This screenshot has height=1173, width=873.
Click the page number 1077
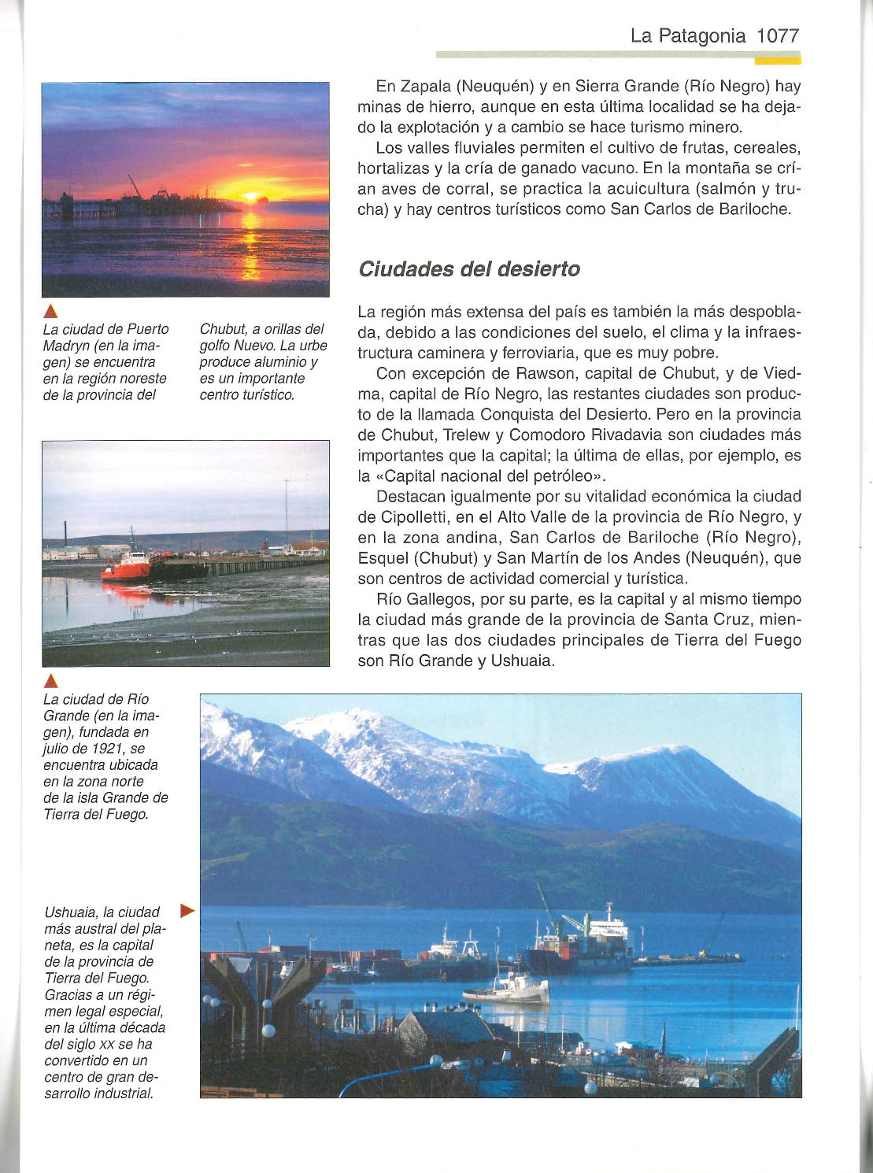(x=778, y=35)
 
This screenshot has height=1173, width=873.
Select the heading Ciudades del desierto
(x=468, y=269)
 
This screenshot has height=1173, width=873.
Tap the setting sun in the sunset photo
(x=250, y=196)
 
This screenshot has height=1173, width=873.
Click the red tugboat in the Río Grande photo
(x=126, y=566)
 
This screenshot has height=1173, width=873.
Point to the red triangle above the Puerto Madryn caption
(x=50, y=311)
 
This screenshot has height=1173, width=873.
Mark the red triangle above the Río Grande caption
(x=50, y=681)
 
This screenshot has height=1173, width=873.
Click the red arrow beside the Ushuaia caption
(x=187, y=911)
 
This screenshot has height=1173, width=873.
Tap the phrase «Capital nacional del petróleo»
(x=483, y=475)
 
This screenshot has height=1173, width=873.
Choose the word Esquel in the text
(x=381, y=557)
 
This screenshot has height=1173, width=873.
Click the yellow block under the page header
(x=777, y=60)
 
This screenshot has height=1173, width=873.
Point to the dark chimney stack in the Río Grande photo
(x=66, y=535)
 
